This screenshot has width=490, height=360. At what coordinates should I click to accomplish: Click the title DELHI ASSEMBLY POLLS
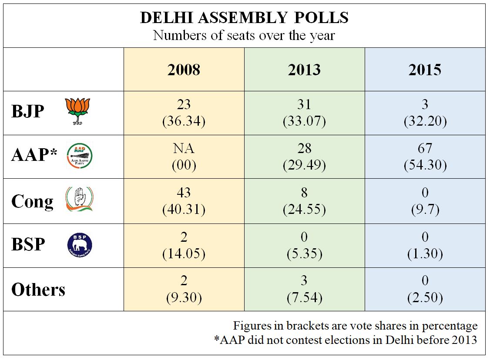pyautogui.click(x=244, y=17)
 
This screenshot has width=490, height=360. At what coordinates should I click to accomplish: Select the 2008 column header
pyautogui.click(x=184, y=70)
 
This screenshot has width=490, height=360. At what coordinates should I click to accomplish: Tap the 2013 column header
pyautogui.click(x=304, y=70)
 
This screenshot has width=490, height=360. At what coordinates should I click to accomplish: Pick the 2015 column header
pyautogui.click(x=425, y=70)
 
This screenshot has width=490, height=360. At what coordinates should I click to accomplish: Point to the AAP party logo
pyautogui.click(x=79, y=156)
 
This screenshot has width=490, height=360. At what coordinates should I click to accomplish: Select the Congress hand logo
pyautogui.click(x=79, y=200)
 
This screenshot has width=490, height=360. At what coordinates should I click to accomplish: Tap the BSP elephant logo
pyautogui.click(x=80, y=244)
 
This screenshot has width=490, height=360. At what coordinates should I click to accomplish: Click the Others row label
pyautogui.click(x=38, y=290)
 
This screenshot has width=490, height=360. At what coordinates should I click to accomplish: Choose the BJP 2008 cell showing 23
pyautogui.click(x=184, y=105)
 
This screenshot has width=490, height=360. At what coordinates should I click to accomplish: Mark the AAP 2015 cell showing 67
pyautogui.click(x=425, y=149)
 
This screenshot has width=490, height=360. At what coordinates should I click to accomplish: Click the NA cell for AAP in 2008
pyautogui.click(x=184, y=149)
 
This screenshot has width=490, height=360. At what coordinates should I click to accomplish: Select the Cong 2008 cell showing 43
pyautogui.click(x=184, y=193)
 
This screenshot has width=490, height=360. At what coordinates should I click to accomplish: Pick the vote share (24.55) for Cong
pyautogui.click(x=304, y=210)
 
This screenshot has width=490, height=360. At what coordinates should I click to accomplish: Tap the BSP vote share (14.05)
pyautogui.click(x=184, y=254)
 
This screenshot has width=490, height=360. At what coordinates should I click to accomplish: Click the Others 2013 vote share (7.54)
pyautogui.click(x=304, y=298)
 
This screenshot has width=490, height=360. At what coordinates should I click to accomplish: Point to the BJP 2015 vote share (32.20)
pyautogui.click(x=425, y=121)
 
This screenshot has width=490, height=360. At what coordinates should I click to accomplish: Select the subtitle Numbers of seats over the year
pyautogui.click(x=244, y=35)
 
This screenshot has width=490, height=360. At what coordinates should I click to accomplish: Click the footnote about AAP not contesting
pyautogui.click(x=346, y=340)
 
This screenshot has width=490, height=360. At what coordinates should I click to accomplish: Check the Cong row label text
pyautogui.click(x=32, y=202)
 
